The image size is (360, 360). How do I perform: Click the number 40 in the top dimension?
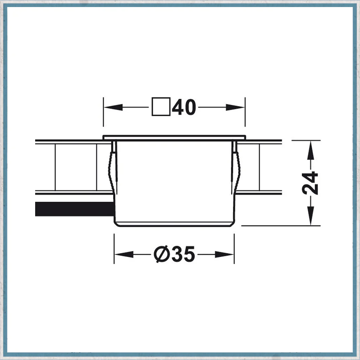click(184, 107)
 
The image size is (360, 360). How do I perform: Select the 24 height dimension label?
click(310, 183)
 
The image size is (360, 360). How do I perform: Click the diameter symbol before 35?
click(161, 255)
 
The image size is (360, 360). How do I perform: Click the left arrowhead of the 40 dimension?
click(113, 107)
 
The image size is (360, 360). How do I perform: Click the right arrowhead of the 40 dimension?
click(235, 107)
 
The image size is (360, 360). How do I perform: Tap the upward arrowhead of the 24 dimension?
click(310, 150)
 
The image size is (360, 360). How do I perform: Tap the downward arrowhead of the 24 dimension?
click(310, 216)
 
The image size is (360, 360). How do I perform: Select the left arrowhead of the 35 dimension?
click(124, 255)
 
